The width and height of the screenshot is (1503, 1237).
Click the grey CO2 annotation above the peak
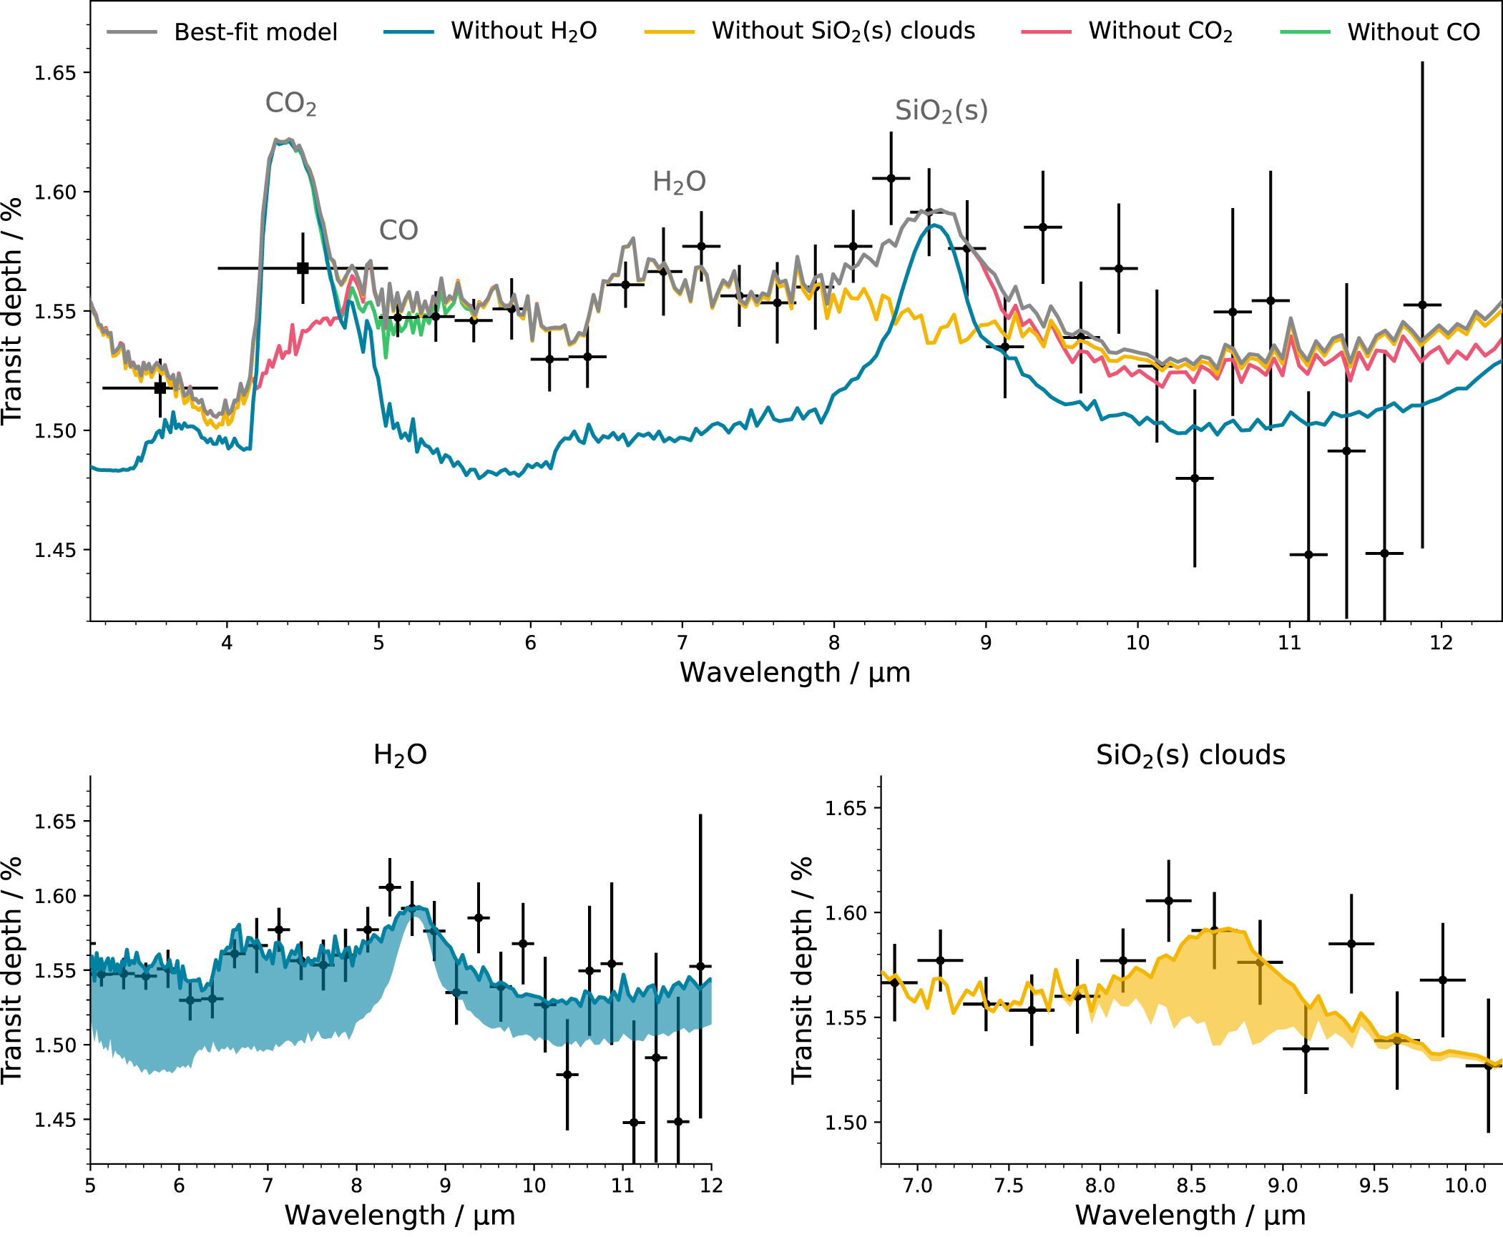coord(290,104)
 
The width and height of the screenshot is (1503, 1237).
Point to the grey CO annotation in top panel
coord(398,230)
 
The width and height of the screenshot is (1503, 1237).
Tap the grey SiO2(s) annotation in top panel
coord(941,111)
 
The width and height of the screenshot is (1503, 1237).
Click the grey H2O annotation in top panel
coord(679,182)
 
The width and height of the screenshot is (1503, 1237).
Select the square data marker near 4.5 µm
coord(303,268)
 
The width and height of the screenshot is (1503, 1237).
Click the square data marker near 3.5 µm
coord(160,388)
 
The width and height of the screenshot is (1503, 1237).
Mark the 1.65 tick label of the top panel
coord(55,73)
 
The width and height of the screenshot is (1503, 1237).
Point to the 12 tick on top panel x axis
coord(1441,643)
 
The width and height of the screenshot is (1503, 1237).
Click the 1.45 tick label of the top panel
coord(55,550)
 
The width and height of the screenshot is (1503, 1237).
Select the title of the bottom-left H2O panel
coord(400,755)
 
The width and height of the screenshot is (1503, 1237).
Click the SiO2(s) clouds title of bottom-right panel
coord(1190,755)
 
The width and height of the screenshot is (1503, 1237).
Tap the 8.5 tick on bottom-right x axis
coord(1191,1186)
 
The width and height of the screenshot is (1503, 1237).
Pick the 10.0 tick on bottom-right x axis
coord(1465,1186)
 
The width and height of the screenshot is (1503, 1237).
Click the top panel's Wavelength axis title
coord(795,673)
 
